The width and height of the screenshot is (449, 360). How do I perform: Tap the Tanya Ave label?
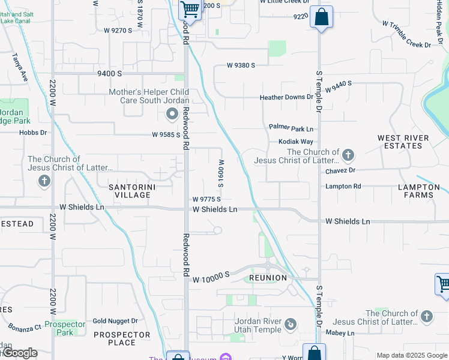pyautogui.click(x=20, y=68)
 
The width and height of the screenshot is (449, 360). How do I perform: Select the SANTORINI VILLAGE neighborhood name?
pyautogui.click(x=130, y=191)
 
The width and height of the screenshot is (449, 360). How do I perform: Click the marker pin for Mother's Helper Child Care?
pyautogui.click(x=172, y=113)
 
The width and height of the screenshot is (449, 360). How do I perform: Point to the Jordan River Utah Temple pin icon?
pyautogui.click(x=291, y=325)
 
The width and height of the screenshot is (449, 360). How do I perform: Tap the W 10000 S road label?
pyautogui.click(x=211, y=275)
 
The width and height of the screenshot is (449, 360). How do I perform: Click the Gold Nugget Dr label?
pyautogui.click(x=115, y=322)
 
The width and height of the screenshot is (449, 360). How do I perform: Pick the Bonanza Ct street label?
pyautogui.click(x=25, y=327)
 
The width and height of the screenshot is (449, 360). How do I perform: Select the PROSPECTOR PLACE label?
pyautogui.click(x=122, y=338)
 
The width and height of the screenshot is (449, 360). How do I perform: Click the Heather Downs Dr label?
pyautogui.click(x=286, y=97)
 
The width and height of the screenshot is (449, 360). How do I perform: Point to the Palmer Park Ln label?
pyautogui.click(x=291, y=128)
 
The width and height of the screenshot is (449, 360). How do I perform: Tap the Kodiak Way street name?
pyautogui.click(x=296, y=142)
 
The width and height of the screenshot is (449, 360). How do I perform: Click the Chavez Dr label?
pyautogui.click(x=340, y=170)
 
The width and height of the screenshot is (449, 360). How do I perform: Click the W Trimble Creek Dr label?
pyautogui.click(x=407, y=34)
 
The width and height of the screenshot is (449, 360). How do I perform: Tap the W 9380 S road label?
pyautogui.click(x=241, y=65)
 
